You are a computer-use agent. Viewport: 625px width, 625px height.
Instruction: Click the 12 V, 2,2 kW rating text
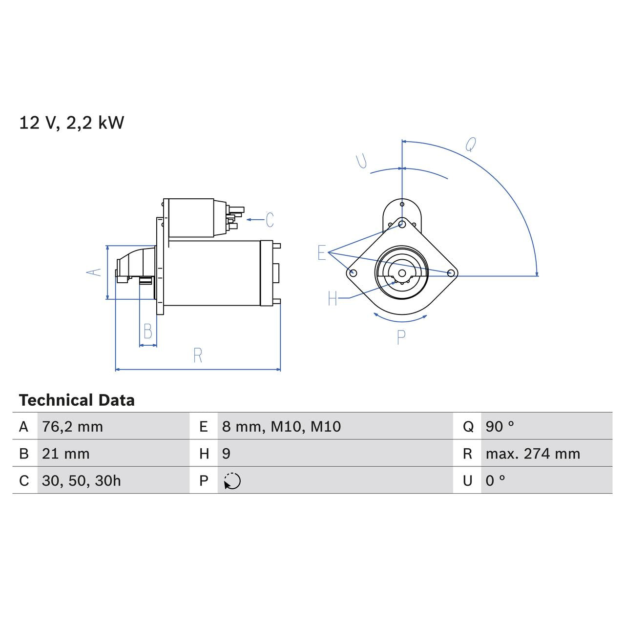(72, 123)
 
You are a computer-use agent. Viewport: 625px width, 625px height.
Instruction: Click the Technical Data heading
(77, 400)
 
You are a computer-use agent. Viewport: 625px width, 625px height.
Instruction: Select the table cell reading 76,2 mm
(72, 427)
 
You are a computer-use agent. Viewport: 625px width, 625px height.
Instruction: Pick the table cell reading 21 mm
(65, 454)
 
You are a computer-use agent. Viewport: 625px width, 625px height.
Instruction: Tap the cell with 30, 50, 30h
(81, 480)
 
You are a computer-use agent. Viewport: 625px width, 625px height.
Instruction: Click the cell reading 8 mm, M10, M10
(281, 427)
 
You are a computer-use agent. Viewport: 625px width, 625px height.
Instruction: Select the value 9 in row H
(226, 454)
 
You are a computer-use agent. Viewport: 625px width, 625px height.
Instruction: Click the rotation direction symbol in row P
(232, 481)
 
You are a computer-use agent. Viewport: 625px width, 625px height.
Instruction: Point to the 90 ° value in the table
(500, 427)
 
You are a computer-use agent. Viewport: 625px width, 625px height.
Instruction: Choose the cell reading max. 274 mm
(533, 454)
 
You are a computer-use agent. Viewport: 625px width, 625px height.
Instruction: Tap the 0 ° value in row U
(495, 480)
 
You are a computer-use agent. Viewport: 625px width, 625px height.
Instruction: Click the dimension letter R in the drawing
(198, 355)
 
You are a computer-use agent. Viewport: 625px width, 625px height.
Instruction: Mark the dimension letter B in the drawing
(148, 332)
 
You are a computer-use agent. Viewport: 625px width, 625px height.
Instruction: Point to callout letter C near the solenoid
(270, 220)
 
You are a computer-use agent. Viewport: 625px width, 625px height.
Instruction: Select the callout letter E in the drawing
(321, 253)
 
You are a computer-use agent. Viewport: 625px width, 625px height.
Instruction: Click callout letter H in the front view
(333, 298)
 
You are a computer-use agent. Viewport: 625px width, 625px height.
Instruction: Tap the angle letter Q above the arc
(471, 145)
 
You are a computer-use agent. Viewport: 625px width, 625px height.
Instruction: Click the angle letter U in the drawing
(362, 161)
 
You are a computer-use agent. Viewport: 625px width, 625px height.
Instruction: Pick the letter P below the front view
(401, 337)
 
